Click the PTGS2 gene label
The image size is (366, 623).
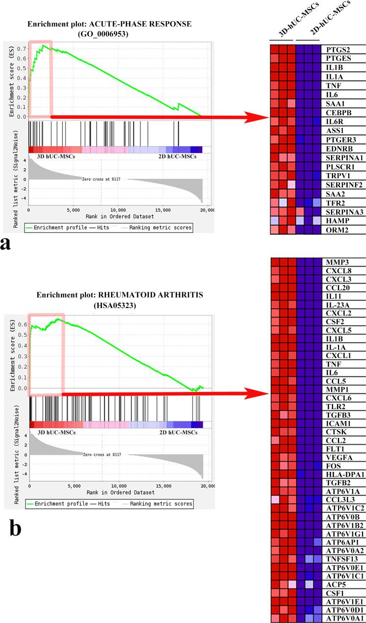(336, 50)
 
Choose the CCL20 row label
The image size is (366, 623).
(336, 287)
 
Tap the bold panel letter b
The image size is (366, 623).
(15, 528)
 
